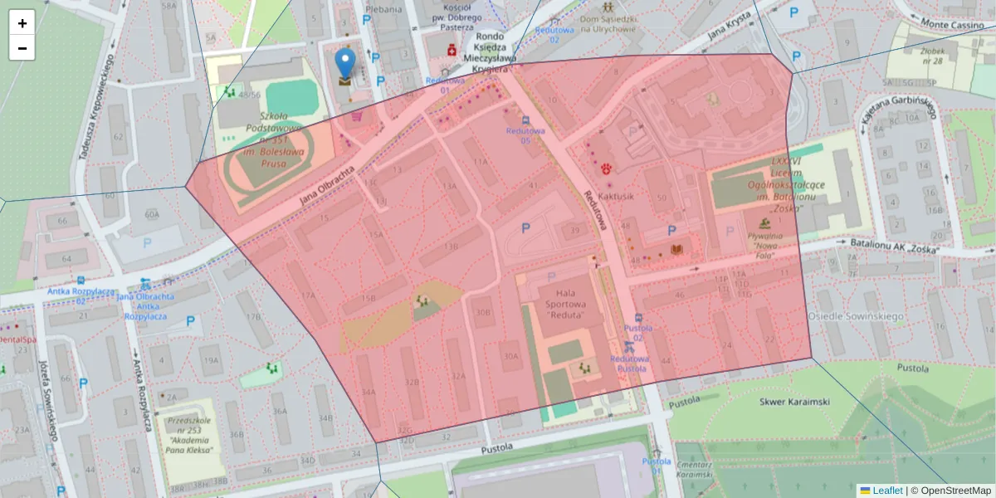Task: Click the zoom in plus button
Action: tap(22, 23)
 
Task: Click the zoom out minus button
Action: tap(22, 48)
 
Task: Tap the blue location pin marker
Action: tap(344, 63)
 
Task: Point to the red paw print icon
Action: tap(608, 168)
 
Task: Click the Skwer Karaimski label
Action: tap(794, 402)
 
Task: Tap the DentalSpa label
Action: tap(17, 339)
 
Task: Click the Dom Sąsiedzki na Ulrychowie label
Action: tap(608, 23)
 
